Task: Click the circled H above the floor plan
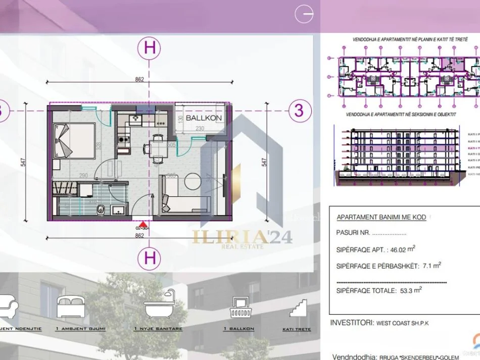(x=150, y=48)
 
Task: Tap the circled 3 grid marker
(x=299, y=110)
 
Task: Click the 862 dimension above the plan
(x=140, y=79)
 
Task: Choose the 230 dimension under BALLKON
(x=200, y=128)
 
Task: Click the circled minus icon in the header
(x=304, y=15)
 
